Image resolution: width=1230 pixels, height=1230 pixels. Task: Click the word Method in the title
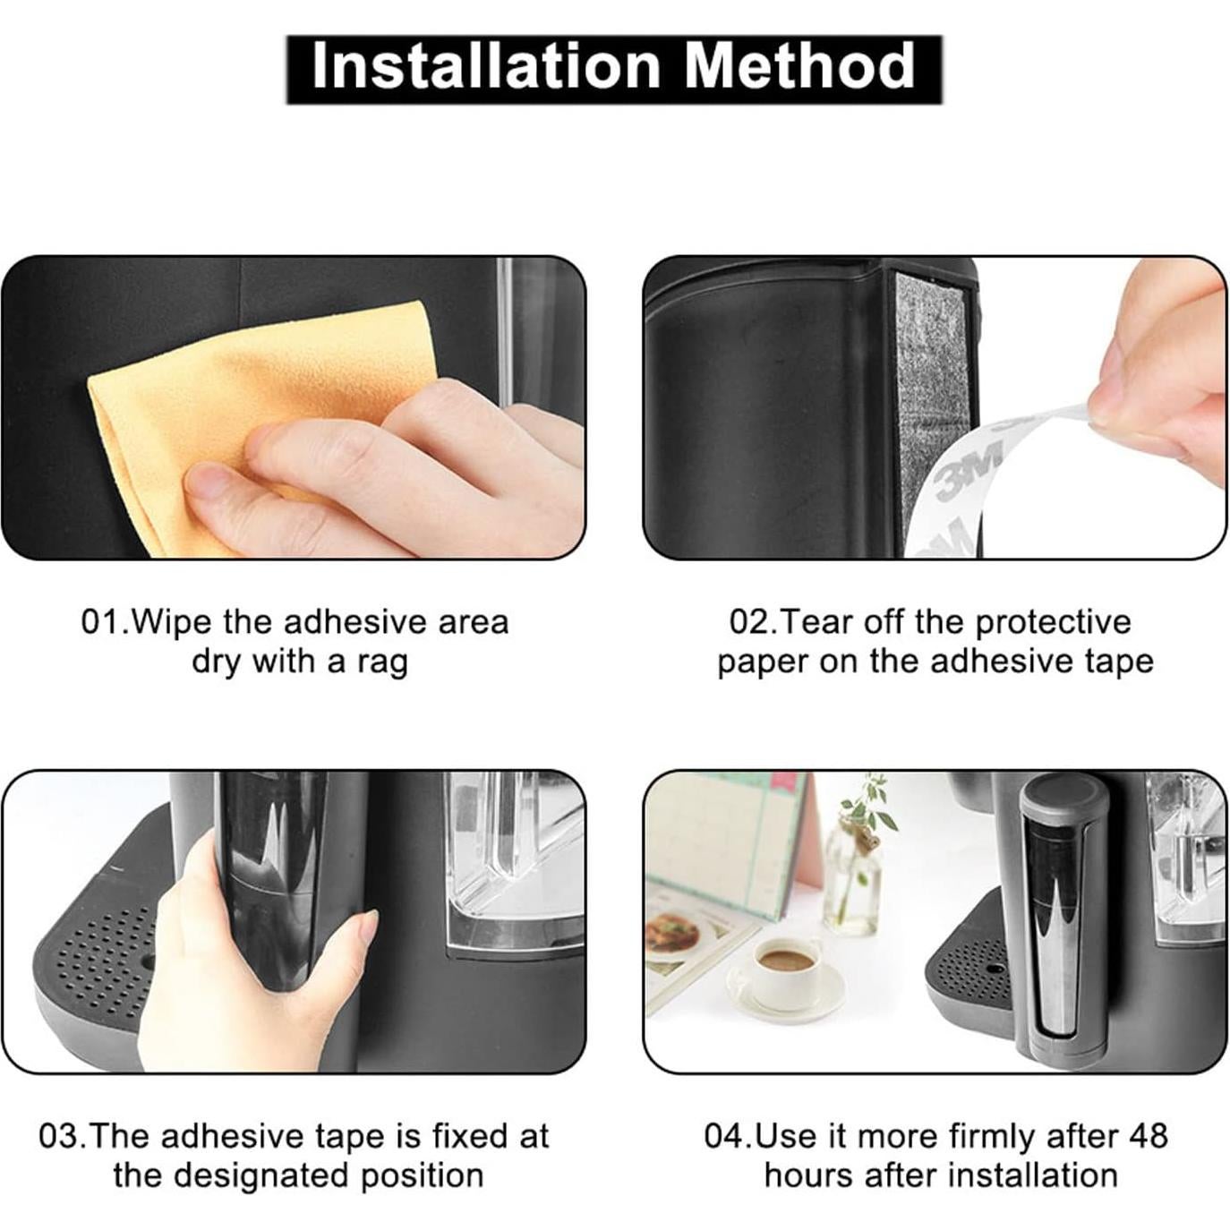tap(799, 67)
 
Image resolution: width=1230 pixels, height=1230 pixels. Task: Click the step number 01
tap(100, 622)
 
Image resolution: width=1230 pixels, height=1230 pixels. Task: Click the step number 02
tap(749, 622)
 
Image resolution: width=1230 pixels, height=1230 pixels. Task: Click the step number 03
tap(59, 1136)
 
